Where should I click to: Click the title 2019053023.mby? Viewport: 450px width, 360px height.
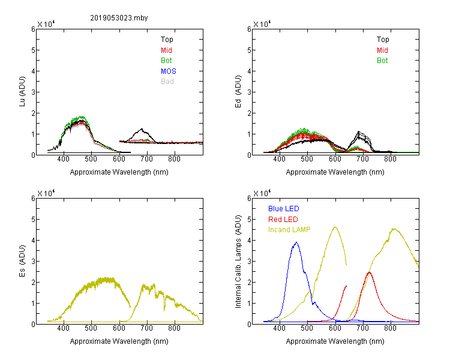119,18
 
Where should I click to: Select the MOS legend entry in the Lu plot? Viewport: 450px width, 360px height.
169,71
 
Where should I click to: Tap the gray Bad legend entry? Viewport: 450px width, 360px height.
167,82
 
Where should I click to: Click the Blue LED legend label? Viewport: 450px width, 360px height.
284,209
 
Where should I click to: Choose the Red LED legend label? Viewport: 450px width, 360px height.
283,220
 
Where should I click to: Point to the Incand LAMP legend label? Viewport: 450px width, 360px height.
289,230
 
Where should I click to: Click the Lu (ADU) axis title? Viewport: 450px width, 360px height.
22,92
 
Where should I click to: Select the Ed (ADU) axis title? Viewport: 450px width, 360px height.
238,92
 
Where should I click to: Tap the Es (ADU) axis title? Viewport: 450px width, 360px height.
22,261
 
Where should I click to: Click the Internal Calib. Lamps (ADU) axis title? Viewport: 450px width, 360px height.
238,261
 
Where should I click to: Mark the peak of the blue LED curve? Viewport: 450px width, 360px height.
296,242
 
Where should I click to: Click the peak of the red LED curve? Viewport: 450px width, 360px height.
369,272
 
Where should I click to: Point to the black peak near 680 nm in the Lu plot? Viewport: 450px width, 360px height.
142,129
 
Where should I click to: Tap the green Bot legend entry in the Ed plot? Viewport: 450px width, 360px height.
382,61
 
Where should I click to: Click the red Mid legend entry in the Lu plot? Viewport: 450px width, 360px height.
166,50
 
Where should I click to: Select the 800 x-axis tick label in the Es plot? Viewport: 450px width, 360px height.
174,328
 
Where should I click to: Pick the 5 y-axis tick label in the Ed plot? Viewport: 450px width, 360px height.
249,50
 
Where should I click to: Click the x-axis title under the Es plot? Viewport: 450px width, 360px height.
119,341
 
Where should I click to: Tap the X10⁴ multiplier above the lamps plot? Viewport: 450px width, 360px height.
262,193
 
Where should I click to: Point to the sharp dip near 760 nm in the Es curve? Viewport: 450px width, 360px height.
164,310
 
